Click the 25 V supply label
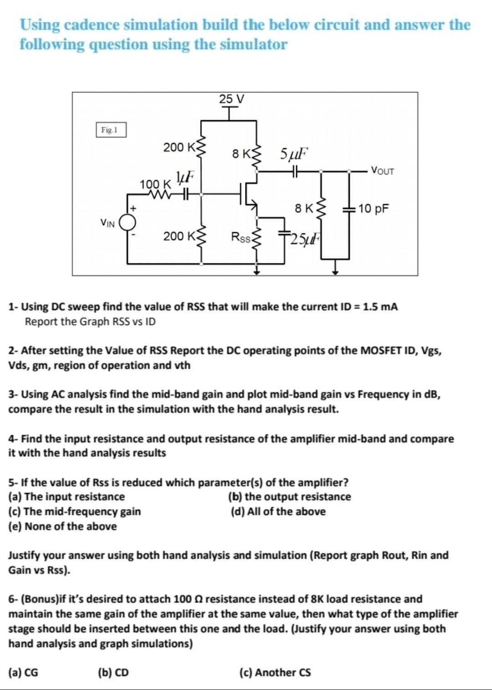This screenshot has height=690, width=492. coord(231,99)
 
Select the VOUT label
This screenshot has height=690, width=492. coord(382,171)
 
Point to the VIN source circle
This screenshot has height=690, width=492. coord(128,222)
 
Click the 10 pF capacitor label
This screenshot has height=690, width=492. coord(373,209)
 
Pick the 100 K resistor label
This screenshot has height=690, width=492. coord(155,185)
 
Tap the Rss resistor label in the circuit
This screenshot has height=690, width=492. coord(241,237)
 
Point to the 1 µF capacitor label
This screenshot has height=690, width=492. coord(185,176)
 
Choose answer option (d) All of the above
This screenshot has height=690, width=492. coord(278,511)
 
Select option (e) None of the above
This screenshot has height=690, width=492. coord(62,526)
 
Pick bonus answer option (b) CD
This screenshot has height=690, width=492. coord(113,672)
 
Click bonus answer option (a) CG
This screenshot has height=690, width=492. coord(23,672)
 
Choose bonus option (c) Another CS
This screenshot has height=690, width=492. coord(275,672)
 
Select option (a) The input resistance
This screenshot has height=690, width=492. coord(67,497)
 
